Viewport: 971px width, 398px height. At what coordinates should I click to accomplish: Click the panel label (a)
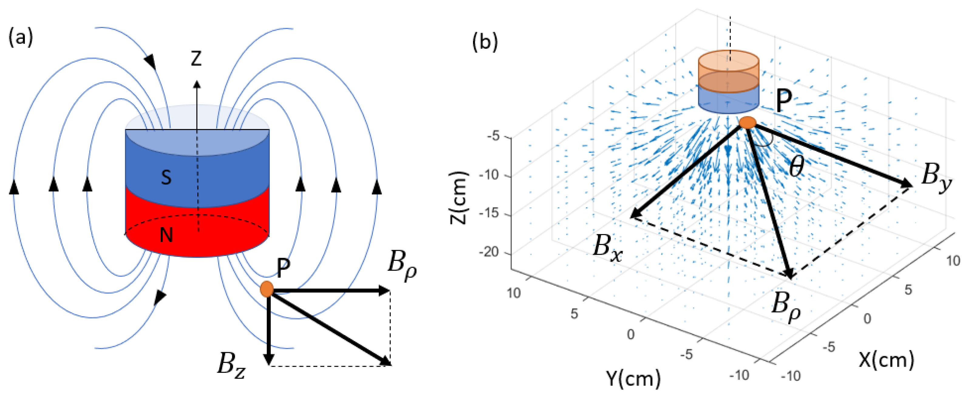[x=21, y=38]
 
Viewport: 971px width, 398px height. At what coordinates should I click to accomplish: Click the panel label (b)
[x=485, y=42]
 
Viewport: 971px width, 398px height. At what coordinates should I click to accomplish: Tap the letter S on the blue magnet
[x=166, y=177]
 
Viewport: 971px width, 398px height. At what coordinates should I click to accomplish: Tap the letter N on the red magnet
[x=166, y=235]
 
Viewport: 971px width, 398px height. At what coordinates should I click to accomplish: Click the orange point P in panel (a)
[x=267, y=289]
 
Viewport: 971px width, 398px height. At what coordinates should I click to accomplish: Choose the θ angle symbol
[x=796, y=166]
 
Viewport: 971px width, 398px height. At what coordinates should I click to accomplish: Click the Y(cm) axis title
[x=633, y=378]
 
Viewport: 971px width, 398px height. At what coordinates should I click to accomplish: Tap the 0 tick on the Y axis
[x=631, y=334]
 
